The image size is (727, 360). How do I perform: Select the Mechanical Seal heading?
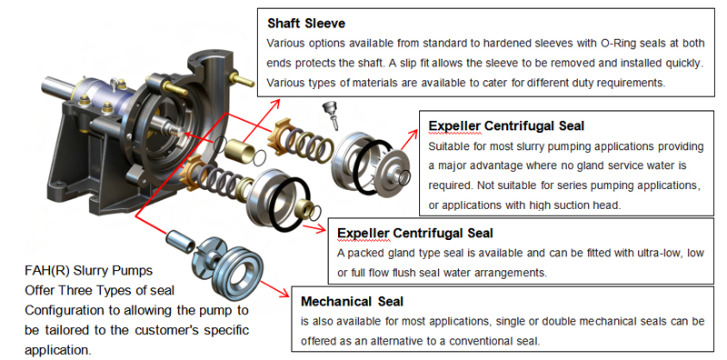click(x=351, y=301)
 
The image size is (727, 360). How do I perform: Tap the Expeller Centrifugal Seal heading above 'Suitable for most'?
click(x=505, y=125)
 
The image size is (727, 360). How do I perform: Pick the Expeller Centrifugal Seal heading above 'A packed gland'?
click(x=415, y=234)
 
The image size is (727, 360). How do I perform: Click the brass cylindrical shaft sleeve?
click(x=237, y=147)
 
